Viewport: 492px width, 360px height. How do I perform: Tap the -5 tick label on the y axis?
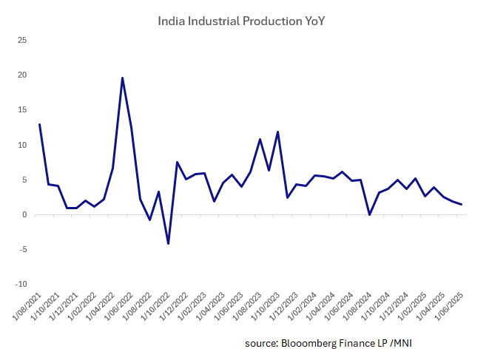tap(22, 249)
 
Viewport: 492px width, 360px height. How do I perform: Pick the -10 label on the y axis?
tap(21, 284)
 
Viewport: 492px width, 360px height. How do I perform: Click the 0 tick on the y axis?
tap(24, 214)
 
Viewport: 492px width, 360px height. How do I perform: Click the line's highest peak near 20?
tap(122, 78)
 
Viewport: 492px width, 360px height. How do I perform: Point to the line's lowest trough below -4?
tap(169, 243)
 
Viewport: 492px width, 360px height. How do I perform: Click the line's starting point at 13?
tap(39, 124)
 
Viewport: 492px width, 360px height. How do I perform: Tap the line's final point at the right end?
tap(462, 204)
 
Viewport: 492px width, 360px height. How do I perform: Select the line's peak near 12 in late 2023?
tap(278, 132)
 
